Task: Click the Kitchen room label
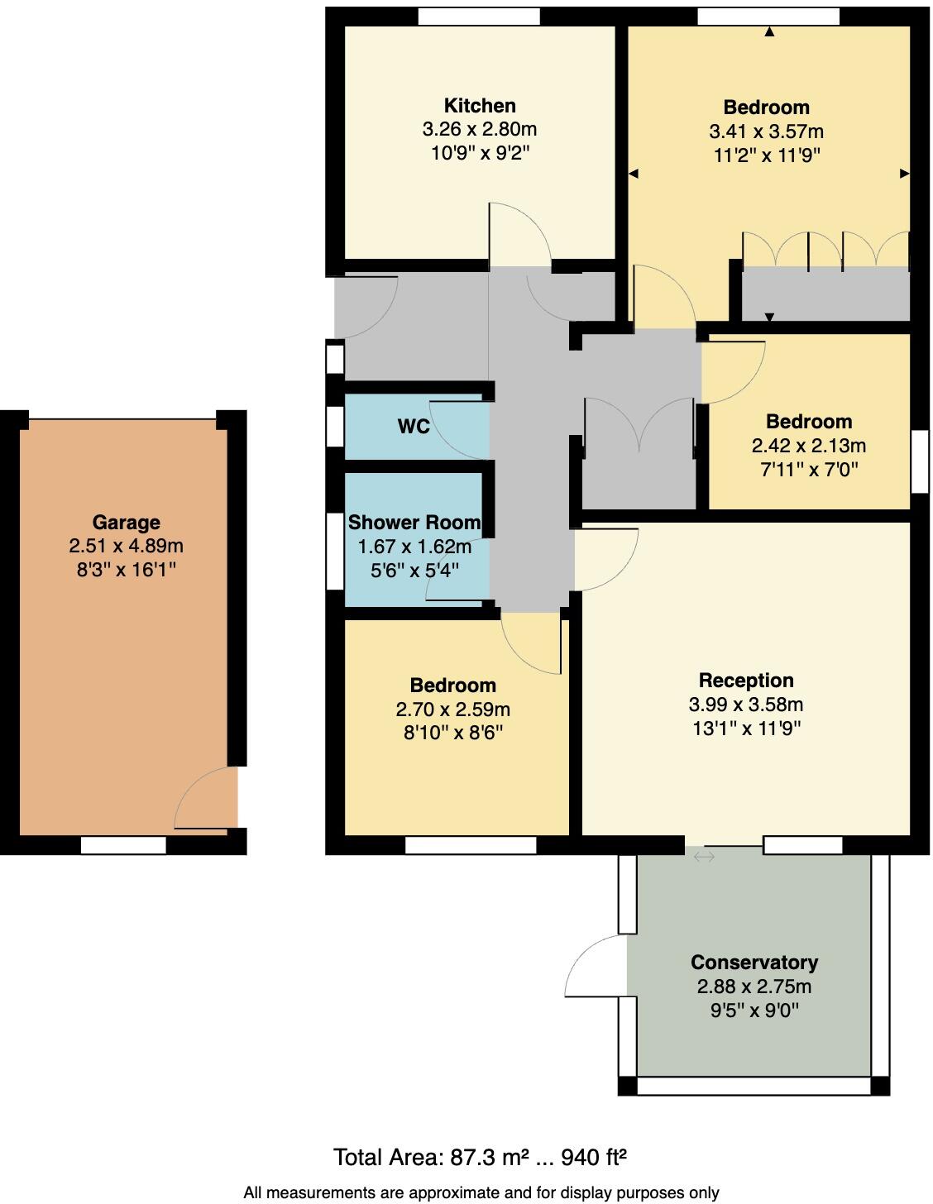coord(480,106)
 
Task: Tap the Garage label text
coord(126,523)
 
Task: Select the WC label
coord(414,427)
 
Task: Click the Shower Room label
coord(414,523)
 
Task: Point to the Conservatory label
coord(754,963)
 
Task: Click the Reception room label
coord(745,681)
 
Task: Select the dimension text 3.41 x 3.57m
coord(766,131)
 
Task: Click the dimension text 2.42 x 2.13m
coord(808,446)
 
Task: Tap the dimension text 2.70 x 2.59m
coord(452,709)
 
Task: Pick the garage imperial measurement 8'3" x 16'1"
coord(126,570)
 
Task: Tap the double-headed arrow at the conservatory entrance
coord(704,857)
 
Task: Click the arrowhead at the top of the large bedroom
coord(769,32)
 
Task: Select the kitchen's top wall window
coord(478,17)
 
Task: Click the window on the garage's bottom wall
coord(123,845)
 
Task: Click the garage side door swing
coord(203,799)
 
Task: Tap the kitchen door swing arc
coord(520,232)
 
